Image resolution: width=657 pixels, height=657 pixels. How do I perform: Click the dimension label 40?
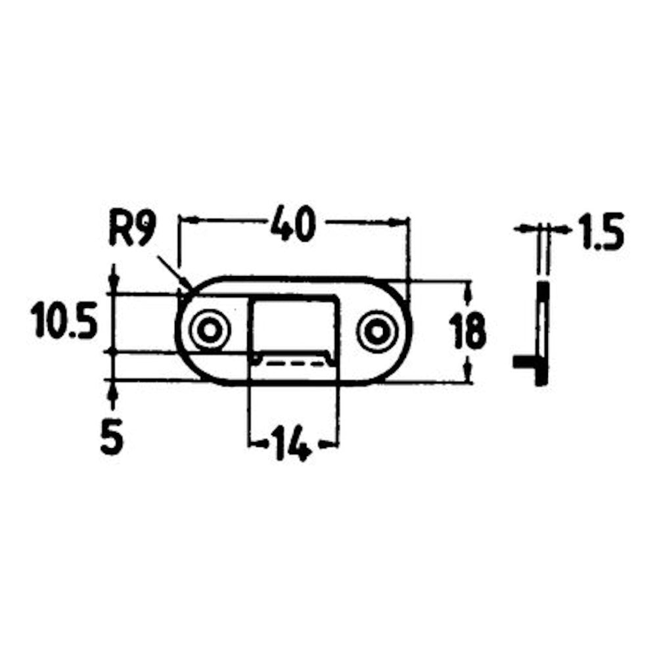point(293,223)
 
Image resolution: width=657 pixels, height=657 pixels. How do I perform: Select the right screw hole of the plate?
point(377,331)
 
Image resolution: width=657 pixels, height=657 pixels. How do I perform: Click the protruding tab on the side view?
point(524,361)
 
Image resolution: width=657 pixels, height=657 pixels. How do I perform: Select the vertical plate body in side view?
point(542,333)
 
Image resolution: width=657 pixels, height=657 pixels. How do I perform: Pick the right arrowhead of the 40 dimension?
point(399,222)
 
